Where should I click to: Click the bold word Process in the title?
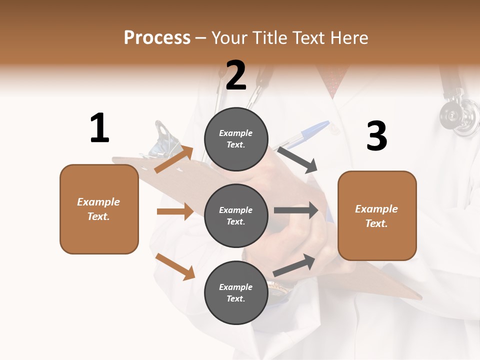coord(157,38)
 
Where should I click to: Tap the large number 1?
coord(99,128)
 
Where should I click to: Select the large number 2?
coord(236,75)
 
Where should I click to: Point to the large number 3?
coord(376,136)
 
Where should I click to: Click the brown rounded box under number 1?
coord(99,209)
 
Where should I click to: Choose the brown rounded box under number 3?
coord(377,215)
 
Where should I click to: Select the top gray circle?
coord(236,139)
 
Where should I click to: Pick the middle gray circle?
coord(236,215)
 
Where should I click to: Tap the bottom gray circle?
coord(236,292)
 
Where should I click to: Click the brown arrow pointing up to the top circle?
coord(174,159)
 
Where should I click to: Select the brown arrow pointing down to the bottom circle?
coord(175,266)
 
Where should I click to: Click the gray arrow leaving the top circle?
coord(297,160)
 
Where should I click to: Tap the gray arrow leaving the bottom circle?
coord(294,265)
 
